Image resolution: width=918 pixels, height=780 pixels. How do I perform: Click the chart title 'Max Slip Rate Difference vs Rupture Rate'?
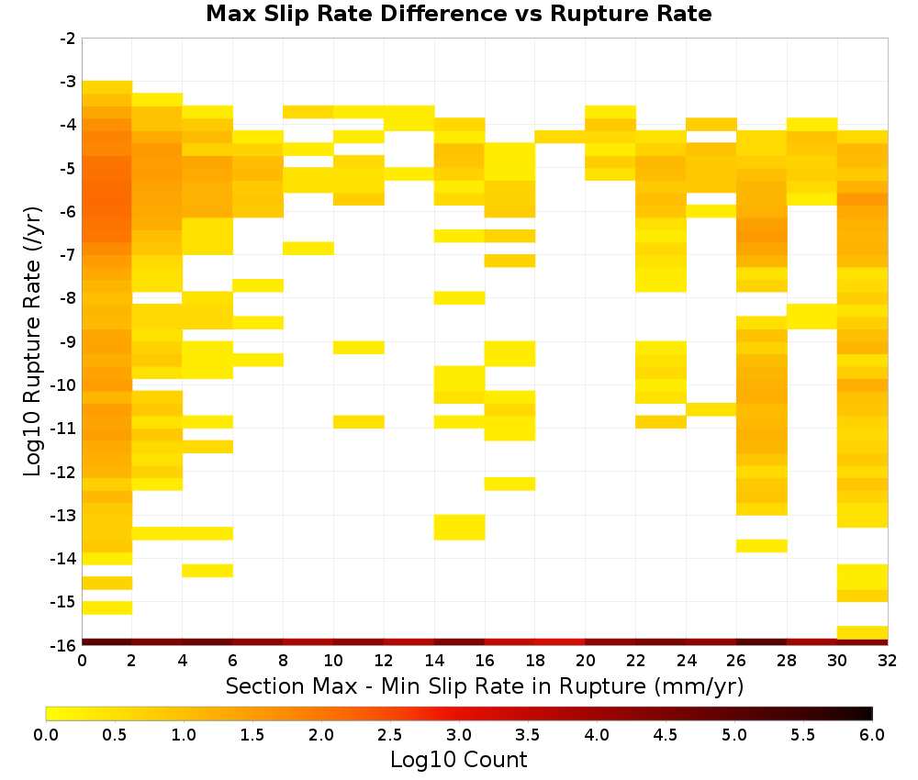(458, 14)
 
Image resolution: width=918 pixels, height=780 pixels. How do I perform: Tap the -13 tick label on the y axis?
(68, 516)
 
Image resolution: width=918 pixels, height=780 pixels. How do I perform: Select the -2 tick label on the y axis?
(68, 39)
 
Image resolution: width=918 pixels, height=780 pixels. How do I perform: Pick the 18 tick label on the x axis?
(534, 661)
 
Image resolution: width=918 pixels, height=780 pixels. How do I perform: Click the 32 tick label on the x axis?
(887, 661)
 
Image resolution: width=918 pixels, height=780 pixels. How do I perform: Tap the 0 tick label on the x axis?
(82, 661)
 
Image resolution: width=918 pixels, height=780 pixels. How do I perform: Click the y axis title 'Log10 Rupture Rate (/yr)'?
(32, 341)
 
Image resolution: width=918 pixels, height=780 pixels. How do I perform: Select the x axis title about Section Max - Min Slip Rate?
(485, 685)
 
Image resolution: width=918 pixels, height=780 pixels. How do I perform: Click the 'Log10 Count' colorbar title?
(458, 760)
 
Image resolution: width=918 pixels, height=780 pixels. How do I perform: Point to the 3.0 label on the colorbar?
(458, 735)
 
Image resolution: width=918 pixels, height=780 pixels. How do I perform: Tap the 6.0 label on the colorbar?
(872, 735)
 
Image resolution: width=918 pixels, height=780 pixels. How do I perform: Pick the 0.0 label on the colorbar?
(46, 735)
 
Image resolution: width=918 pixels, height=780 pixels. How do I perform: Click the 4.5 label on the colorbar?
(665, 735)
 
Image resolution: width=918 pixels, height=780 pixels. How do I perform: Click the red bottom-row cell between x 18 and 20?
(560, 642)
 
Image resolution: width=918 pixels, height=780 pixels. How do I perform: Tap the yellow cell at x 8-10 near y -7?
(308, 248)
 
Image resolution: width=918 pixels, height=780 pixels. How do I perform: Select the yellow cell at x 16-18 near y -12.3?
(509, 484)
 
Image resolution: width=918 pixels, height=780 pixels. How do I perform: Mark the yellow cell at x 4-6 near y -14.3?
(207, 571)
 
